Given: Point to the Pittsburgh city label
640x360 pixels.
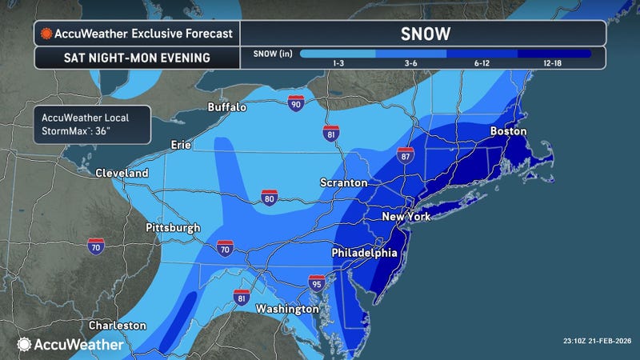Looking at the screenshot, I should tap(173, 228).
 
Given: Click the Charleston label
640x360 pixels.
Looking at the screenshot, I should tap(118, 326).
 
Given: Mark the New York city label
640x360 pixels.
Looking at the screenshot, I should tap(406, 217).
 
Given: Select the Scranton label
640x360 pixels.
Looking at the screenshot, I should tap(345, 183).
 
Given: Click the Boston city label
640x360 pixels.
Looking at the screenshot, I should tap(508, 130).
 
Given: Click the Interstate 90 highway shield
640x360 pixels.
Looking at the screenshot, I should tap(295, 102).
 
